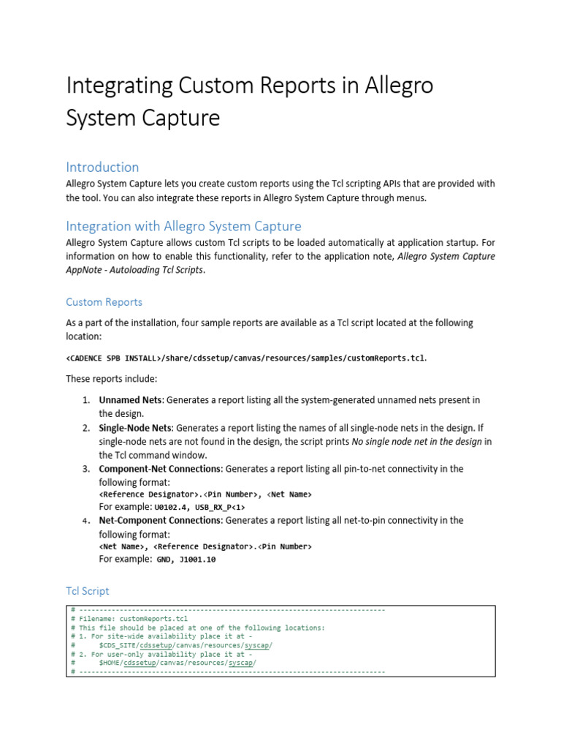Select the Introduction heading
coord(102,167)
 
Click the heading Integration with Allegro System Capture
coord(183,226)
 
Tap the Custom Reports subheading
coord(104,301)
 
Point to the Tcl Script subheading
coord(88,590)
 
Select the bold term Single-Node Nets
coord(135,428)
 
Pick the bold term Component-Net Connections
coord(159,468)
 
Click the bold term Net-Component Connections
coord(159,520)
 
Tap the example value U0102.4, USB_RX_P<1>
coord(199,507)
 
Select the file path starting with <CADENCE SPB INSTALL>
coord(245,358)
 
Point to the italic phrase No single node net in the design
coord(417,441)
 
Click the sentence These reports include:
coord(111,379)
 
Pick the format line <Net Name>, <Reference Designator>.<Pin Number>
coord(205,546)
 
